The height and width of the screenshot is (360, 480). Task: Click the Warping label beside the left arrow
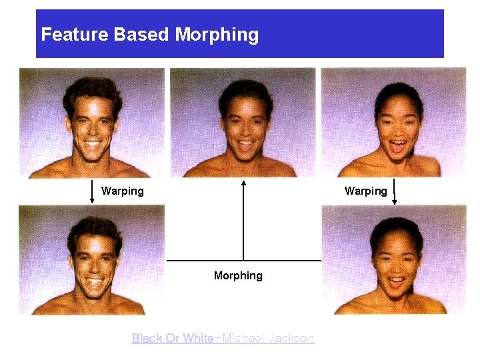[122, 191]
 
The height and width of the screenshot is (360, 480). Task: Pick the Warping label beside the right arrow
[365, 191]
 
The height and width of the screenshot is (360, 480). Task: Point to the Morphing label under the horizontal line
[238, 275]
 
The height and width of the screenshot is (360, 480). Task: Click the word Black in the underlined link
[146, 339]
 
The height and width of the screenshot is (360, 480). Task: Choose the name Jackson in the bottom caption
[293, 339]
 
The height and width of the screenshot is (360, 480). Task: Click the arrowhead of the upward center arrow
[243, 183]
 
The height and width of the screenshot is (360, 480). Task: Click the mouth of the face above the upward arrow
[244, 143]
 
